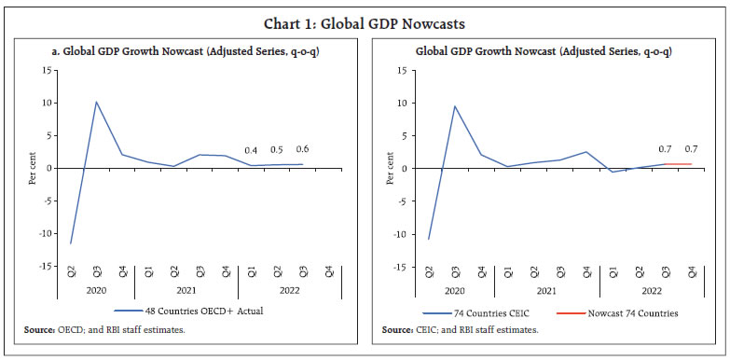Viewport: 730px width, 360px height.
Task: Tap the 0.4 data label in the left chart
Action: [250, 151]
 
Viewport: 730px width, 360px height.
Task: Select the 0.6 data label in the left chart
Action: [301, 149]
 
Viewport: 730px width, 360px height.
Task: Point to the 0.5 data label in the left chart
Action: [276, 150]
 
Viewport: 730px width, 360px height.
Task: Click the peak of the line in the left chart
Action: [96, 102]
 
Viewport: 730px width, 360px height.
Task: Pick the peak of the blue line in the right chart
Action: [454, 105]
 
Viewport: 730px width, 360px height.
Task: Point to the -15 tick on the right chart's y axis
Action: [403, 267]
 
